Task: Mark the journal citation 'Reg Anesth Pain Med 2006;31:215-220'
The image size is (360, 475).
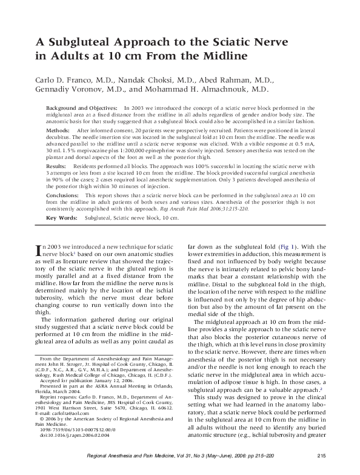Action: [x=230, y=207]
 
